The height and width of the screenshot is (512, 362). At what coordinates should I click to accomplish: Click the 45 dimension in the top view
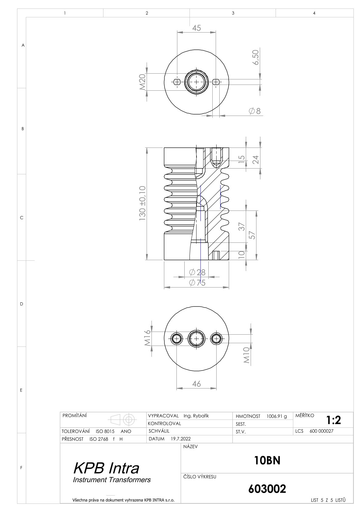pyautogui.click(x=196, y=28)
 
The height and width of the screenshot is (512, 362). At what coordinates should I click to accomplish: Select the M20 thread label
pyautogui.click(x=142, y=82)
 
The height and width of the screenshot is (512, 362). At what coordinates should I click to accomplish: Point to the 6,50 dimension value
pyautogui.click(x=256, y=57)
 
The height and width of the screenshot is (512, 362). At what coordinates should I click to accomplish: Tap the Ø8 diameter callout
pyautogui.click(x=255, y=111)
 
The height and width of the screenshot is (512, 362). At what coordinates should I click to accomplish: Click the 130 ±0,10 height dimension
pyautogui.click(x=142, y=203)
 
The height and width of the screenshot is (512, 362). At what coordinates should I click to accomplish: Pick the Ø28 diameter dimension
pyautogui.click(x=197, y=272)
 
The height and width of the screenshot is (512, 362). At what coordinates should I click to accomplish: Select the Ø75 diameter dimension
pyautogui.click(x=197, y=283)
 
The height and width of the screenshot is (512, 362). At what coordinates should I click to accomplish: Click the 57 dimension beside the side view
pyautogui.click(x=252, y=235)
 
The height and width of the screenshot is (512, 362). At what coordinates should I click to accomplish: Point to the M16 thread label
pyautogui.click(x=148, y=338)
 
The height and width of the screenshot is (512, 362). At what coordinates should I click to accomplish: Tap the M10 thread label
pyautogui.click(x=246, y=355)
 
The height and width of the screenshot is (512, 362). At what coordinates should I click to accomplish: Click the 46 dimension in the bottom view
pyautogui.click(x=196, y=384)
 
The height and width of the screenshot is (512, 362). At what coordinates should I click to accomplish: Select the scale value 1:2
pyautogui.click(x=334, y=420)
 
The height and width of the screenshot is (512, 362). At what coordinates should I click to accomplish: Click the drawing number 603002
pyautogui.click(x=267, y=489)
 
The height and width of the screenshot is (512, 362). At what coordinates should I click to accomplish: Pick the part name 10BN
pyautogui.click(x=267, y=461)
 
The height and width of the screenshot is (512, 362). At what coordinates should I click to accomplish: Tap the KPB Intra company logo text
pyautogui.click(x=106, y=468)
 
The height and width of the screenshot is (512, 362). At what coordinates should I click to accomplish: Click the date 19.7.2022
pyautogui.click(x=180, y=439)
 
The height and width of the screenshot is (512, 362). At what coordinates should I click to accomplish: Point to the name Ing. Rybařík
pyautogui.click(x=196, y=416)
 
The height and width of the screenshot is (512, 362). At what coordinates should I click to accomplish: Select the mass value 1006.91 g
pyautogui.click(x=277, y=416)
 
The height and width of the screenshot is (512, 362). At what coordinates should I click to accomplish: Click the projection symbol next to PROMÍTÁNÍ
pyautogui.click(x=124, y=420)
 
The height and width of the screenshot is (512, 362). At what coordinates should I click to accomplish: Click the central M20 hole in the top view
pyautogui.click(x=196, y=82)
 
